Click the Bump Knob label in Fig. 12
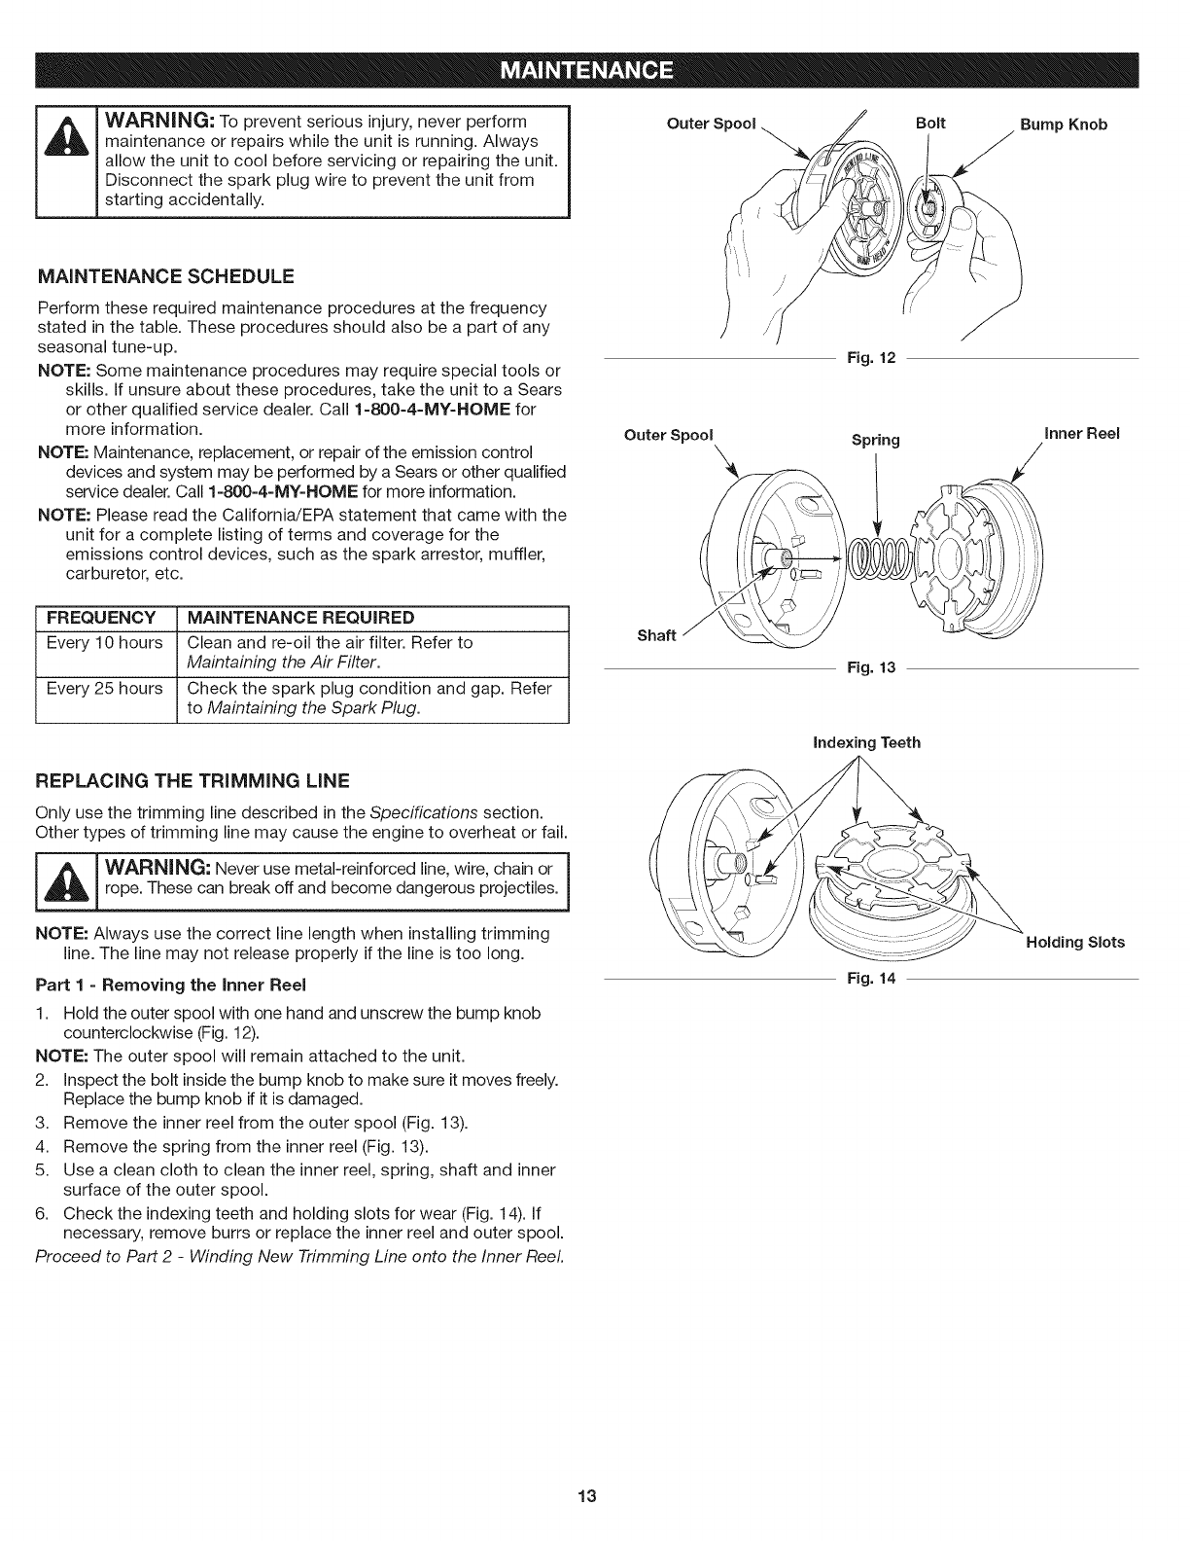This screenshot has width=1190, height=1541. pos(1063,125)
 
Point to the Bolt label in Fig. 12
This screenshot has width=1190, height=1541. pos(930,124)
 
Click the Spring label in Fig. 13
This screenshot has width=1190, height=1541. pos(875,440)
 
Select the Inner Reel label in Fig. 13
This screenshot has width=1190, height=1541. pos(1082,433)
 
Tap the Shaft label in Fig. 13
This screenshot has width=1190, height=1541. pos(656,635)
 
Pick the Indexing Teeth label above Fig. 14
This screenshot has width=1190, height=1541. pos(866,743)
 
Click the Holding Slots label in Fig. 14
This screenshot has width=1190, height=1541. pos(1075,942)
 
